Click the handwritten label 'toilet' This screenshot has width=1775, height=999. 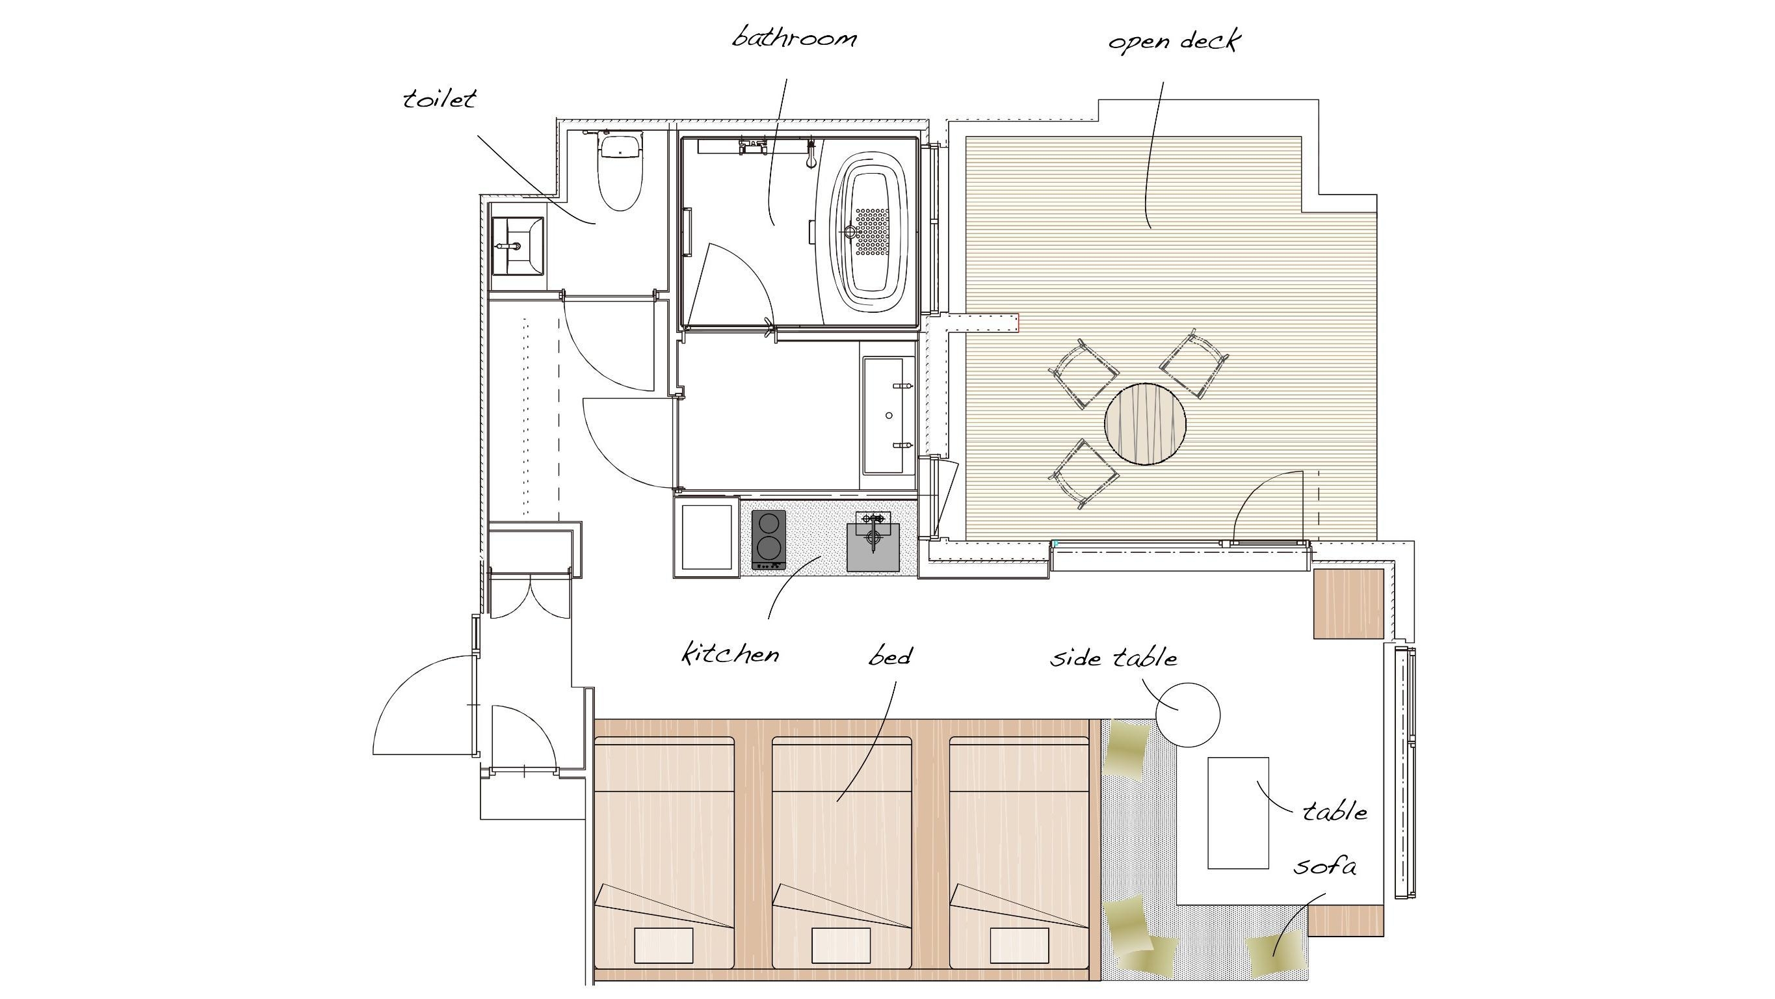(440, 100)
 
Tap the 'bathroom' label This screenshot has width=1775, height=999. (795, 36)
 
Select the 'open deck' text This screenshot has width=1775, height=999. (1174, 42)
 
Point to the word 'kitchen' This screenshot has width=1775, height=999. (730, 652)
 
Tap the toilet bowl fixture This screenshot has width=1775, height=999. (621, 172)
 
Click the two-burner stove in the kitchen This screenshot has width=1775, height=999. (769, 540)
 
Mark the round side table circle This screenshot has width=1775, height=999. (1187, 714)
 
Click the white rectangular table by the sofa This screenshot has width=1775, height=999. (1237, 813)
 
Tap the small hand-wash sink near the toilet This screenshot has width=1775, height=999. (518, 246)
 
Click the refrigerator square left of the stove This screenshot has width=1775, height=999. (706, 538)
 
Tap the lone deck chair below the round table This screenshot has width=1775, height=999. (1084, 473)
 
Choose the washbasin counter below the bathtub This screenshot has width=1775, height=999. (888, 415)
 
